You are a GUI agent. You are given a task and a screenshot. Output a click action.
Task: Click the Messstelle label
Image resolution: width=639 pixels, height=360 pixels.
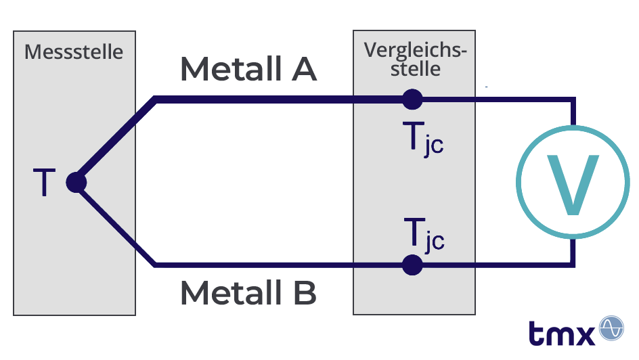pos(74,52)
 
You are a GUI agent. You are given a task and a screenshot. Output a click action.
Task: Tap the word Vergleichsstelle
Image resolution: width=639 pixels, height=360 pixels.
pos(415,59)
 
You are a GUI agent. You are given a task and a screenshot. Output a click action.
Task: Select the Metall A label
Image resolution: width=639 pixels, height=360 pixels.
pos(248,69)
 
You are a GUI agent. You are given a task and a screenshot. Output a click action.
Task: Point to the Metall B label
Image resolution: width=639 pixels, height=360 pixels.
pos(248,293)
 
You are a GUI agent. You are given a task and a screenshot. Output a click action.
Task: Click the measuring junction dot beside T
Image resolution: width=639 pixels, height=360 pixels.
pos(76,183)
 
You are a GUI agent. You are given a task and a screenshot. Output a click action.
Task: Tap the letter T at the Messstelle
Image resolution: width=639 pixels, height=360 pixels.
pos(44,183)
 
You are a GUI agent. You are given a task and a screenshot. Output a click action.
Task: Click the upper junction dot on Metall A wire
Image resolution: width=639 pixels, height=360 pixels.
pos(412,100)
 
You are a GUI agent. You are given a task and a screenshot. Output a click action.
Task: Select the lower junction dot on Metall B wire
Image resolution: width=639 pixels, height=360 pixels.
pos(412,265)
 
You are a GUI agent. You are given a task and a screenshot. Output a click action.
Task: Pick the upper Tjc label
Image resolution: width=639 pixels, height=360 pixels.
pos(422,140)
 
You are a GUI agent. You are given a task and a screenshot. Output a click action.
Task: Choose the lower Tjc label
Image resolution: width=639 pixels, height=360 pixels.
pos(424,235)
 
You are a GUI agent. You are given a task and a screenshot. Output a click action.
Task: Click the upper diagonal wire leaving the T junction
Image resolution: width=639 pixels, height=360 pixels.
pos(115,142)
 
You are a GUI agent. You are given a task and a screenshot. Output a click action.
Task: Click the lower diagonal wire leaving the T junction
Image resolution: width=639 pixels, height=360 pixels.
pos(115,223)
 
